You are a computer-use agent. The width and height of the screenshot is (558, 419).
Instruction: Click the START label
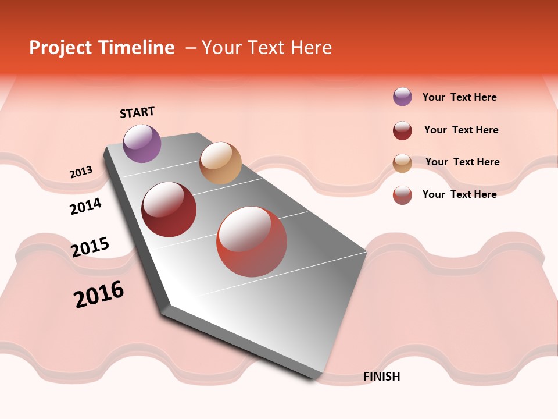pos(137,112)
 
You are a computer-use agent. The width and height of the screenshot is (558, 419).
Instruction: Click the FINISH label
pos(382,377)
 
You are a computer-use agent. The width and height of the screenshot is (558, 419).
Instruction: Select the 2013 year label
pos(81,172)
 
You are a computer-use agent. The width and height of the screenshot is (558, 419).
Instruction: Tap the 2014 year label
pos(85,206)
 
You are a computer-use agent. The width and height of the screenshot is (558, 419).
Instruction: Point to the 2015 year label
pos(90,247)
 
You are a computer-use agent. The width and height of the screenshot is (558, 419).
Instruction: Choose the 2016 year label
pos(99,294)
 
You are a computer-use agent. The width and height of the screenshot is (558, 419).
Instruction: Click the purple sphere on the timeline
pos(142,143)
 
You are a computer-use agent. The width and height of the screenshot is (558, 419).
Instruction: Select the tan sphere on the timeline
pos(220,163)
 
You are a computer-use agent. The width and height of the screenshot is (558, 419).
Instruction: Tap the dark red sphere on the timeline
pos(169,210)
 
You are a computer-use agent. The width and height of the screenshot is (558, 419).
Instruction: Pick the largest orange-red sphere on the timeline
pos(252,242)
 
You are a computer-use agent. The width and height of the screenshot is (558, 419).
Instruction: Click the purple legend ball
pos(402,97)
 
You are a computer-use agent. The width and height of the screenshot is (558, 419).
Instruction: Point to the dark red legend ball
pos(402,130)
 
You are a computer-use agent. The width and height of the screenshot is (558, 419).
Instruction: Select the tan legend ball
pos(402,163)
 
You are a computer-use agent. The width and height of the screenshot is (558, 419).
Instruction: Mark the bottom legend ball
pos(402,195)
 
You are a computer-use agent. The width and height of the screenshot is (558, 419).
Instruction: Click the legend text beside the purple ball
pos(459,97)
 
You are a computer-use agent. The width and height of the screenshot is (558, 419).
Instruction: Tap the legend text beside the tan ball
pos(462,162)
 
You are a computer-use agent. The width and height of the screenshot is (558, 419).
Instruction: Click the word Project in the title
pos(61,48)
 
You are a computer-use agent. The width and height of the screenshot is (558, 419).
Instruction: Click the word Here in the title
pos(310,48)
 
